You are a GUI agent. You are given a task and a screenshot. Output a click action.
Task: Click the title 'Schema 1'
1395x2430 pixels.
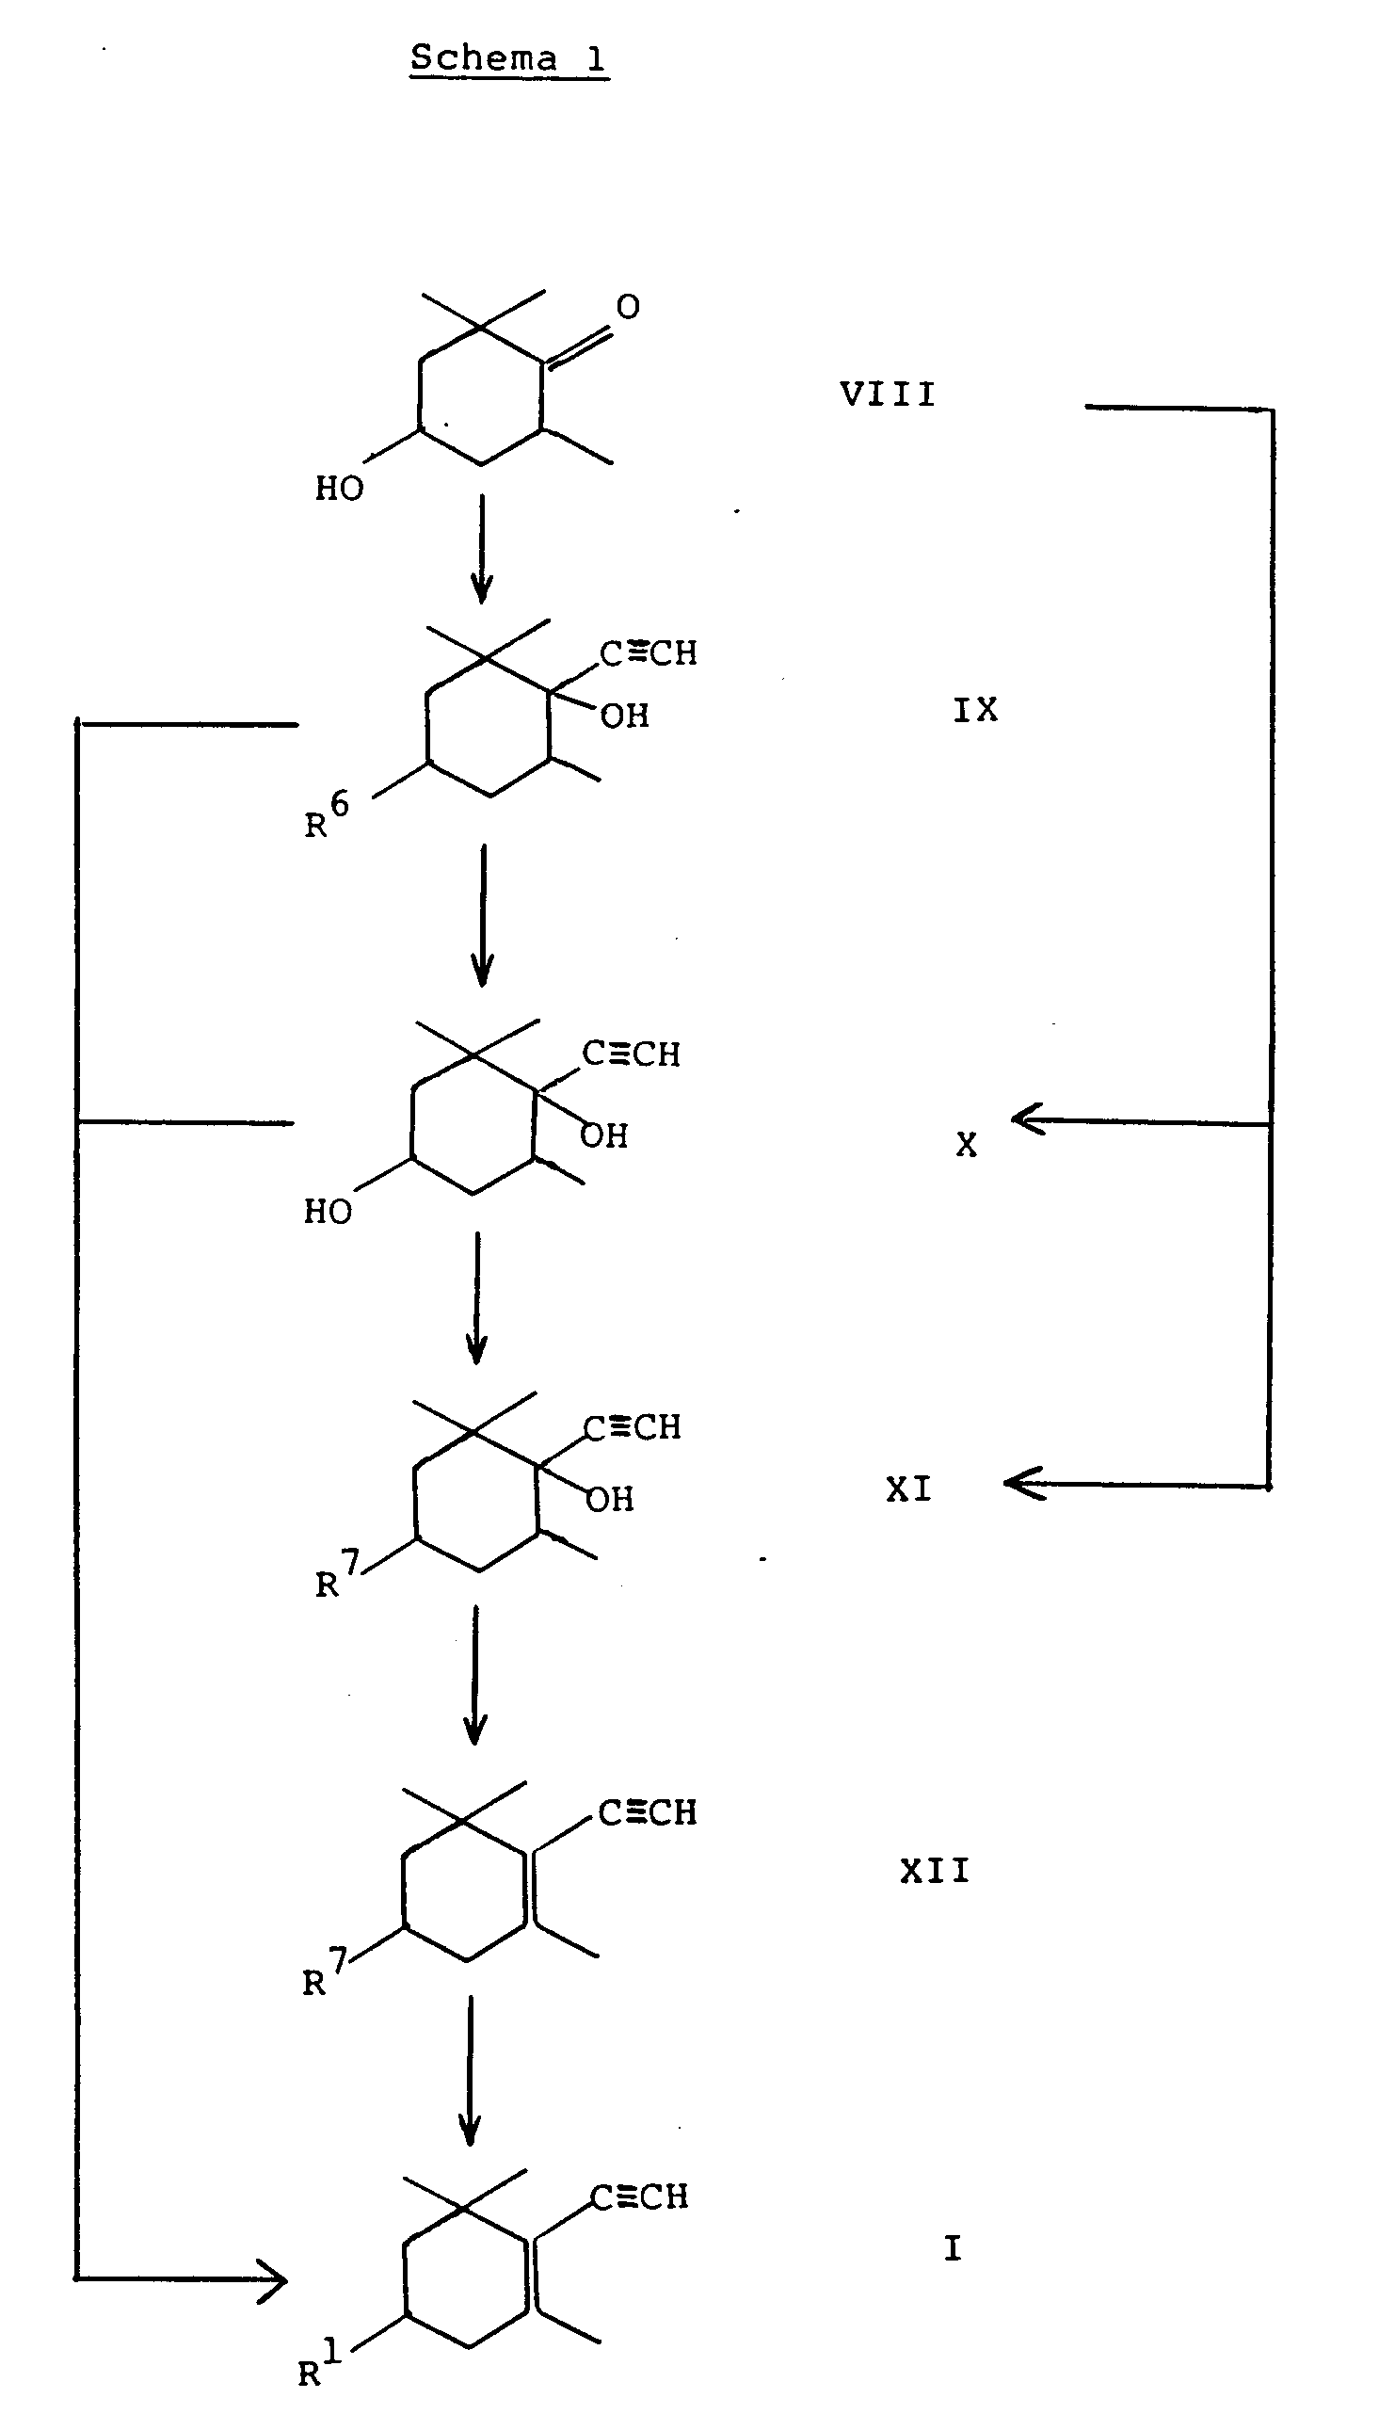pos(507,59)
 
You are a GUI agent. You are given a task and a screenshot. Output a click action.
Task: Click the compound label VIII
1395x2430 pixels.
pos(888,394)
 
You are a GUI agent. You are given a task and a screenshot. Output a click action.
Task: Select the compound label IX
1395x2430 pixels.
pos(975,710)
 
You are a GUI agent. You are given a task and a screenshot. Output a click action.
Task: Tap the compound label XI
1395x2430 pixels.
pos(908,1489)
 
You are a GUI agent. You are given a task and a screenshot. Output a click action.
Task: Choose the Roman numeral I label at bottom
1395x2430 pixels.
pos(953,2247)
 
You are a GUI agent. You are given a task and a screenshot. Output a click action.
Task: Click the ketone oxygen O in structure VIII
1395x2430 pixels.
pos(628,307)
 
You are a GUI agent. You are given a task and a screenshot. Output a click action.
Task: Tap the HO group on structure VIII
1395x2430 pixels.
pos(339,489)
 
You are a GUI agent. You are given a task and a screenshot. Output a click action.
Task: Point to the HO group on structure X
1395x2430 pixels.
pos(328,1212)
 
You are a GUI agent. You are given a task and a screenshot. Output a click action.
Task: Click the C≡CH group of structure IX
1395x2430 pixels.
pos(649,653)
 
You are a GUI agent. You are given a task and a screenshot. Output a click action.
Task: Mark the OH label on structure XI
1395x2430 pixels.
pos(610,1500)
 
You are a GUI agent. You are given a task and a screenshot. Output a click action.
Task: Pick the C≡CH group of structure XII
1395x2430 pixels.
pos(648,1813)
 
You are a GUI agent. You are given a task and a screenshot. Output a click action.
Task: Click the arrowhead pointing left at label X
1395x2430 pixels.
pos(1027,1119)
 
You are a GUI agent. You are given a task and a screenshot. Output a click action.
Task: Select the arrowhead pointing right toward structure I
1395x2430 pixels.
pos(273,2277)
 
